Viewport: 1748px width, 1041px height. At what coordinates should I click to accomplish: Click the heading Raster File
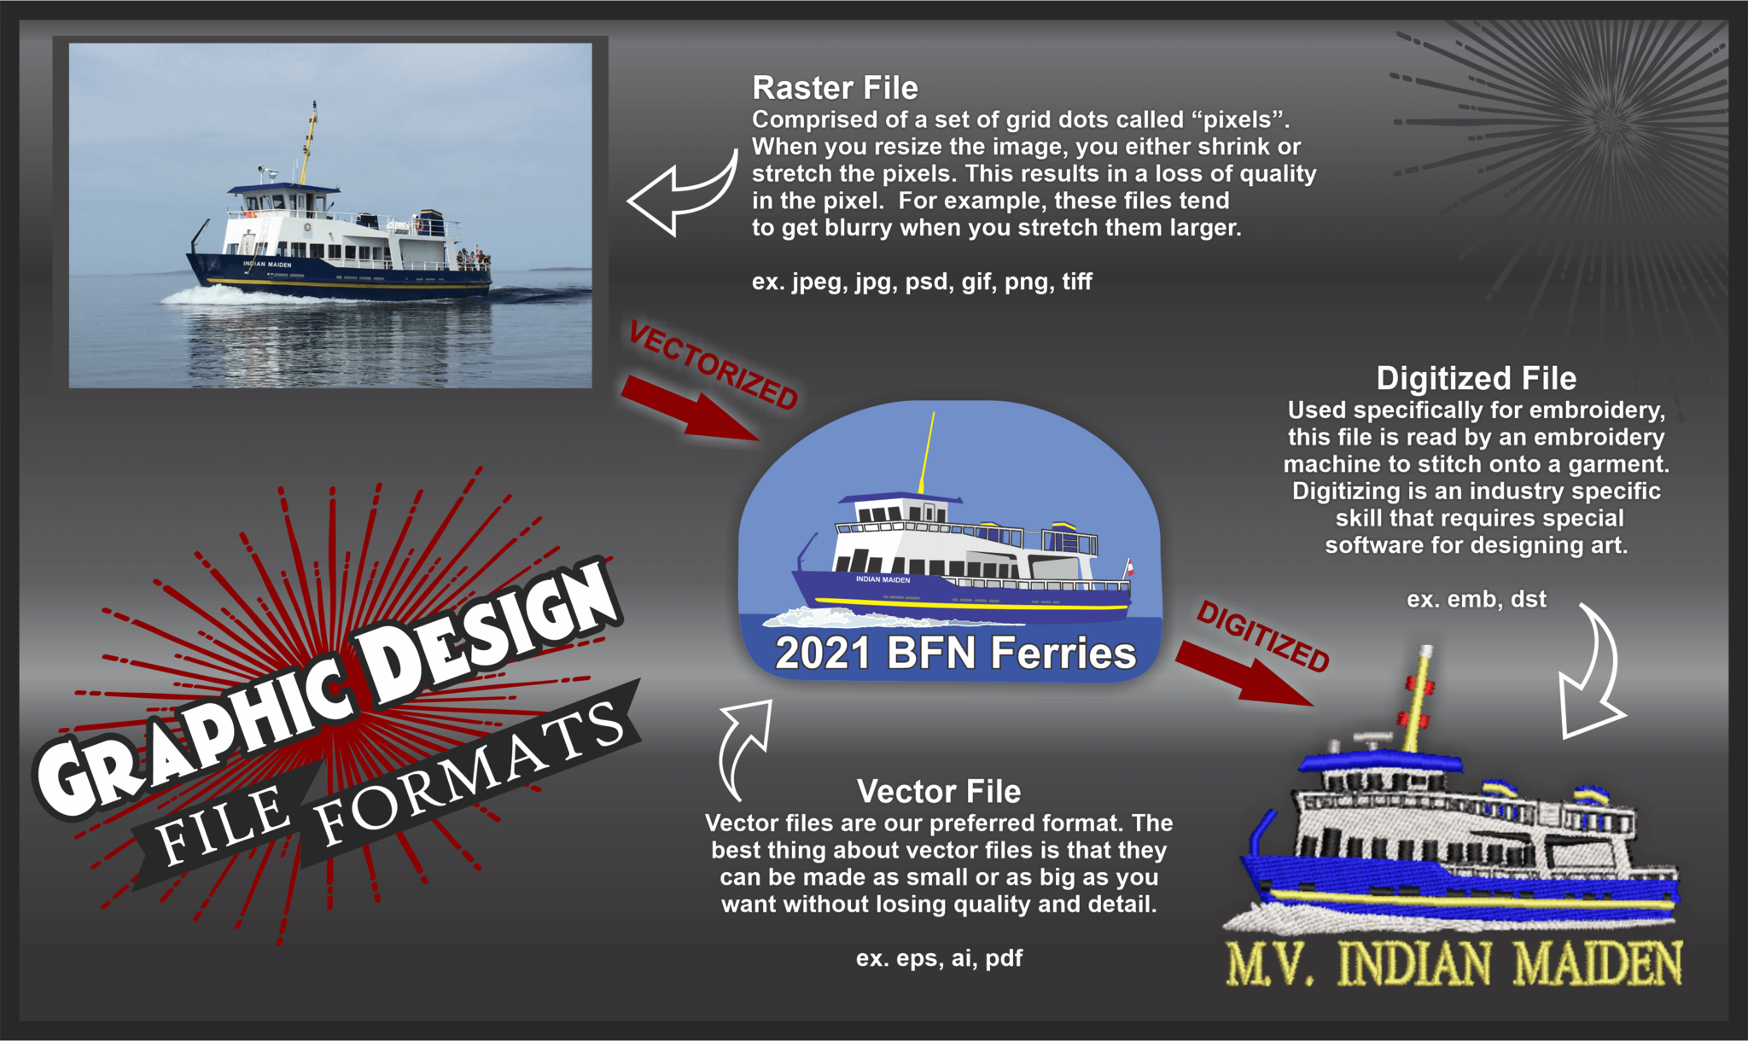pos(835,88)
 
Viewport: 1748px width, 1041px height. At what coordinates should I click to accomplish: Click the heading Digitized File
pos(1476,379)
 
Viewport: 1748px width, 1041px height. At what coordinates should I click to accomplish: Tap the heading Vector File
pos(939,792)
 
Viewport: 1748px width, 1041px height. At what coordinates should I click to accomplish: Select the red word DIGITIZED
pos(1263,636)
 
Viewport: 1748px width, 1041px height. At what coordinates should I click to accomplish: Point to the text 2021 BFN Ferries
pos(955,654)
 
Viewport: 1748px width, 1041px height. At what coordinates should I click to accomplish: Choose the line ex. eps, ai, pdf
pos(939,958)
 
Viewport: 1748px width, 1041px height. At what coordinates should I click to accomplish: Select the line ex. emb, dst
pos(1476,599)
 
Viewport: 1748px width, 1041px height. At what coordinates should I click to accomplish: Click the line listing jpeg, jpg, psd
pos(922,282)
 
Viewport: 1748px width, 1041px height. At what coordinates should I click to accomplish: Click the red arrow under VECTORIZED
pos(690,409)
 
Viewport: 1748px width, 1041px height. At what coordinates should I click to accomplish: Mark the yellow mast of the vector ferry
pos(927,452)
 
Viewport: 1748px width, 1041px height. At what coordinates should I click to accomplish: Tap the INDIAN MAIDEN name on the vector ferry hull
pos(883,579)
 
